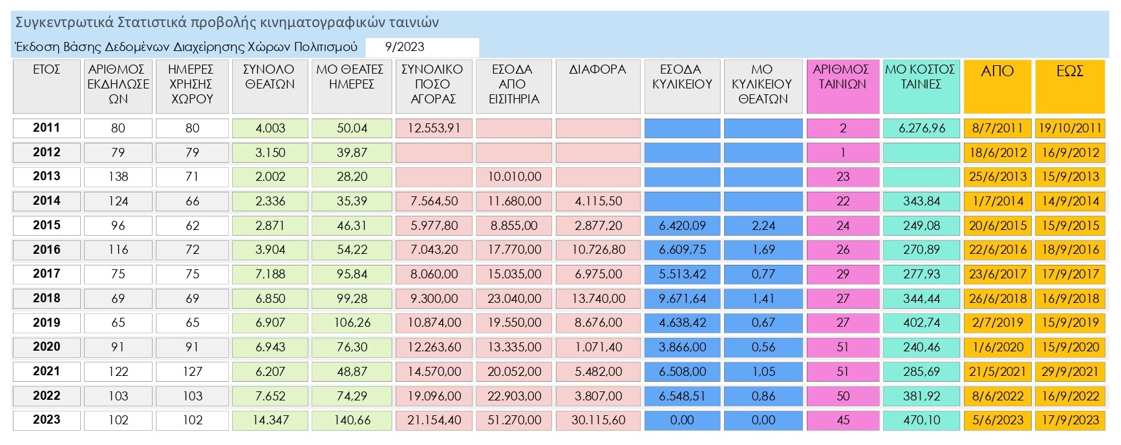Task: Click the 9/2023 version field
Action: pos(422,47)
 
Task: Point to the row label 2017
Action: pos(47,274)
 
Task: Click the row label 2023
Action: pos(47,420)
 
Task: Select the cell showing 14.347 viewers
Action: pos(270,420)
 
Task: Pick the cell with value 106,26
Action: pos(352,323)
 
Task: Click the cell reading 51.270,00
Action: pos(514,420)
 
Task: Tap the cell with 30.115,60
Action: pos(598,420)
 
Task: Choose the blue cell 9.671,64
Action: pos(682,298)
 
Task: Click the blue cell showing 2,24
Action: pos(763,225)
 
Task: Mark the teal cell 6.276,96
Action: pos(921,129)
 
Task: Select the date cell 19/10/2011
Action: pos(1070,129)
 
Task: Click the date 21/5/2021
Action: pos(997,371)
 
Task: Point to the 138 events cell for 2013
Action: pos(118,177)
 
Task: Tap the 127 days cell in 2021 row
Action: pos(192,371)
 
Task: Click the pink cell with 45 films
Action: pos(842,420)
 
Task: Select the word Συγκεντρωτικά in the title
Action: pos(64,23)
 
